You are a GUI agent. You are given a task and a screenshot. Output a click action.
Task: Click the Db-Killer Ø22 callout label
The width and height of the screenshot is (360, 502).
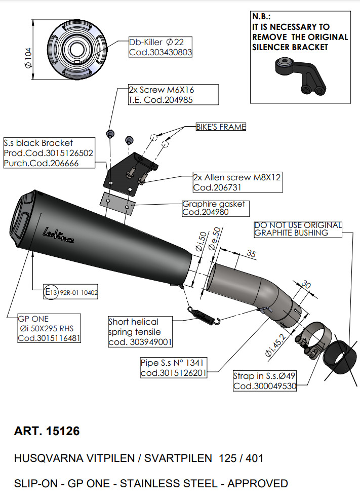coord(160,47)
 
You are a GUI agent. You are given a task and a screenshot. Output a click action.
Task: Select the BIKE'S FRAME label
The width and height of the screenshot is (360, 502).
coord(221,127)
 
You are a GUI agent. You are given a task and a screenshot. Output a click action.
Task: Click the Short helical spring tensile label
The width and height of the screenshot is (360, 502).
coord(140,332)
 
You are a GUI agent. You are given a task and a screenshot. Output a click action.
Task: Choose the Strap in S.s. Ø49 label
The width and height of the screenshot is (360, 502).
coord(264,381)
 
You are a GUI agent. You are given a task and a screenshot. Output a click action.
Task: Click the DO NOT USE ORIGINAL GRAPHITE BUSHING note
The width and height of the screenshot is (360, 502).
coord(298,229)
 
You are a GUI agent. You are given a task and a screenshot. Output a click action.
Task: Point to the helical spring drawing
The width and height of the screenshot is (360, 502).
coord(205,315)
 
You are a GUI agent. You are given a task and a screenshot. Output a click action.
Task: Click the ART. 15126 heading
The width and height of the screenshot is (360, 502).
coord(47,432)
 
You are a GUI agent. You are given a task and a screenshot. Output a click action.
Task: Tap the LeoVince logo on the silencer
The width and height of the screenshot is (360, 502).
coord(58,236)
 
